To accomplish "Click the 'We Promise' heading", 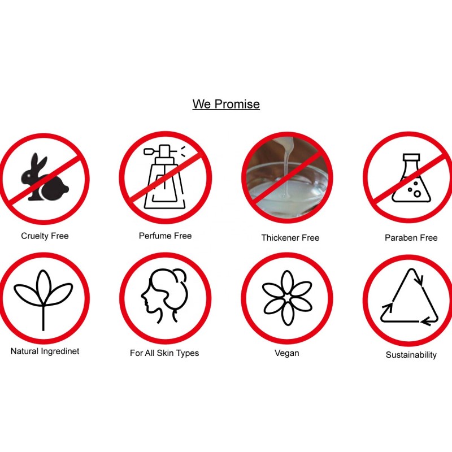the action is [226, 104].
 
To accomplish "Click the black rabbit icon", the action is [45, 177].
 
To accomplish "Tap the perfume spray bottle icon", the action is [164, 177].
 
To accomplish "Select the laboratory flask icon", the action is [411, 177].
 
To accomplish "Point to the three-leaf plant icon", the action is [44, 300].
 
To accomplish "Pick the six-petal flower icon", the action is [287, 298].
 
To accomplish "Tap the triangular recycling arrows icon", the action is [410, 297].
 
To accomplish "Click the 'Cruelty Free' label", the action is [45, 236].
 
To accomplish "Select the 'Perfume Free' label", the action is [165, 236].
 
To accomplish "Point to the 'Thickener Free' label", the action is [290, 237].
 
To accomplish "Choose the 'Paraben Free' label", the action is [411, 237].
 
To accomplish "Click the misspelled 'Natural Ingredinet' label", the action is [45, 351].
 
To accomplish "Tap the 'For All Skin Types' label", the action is [164, 353].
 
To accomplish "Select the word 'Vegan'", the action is [287, 353].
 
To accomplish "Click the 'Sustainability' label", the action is [411, 355].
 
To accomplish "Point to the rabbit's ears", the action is [38, 162].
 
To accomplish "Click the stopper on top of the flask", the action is [411, 157].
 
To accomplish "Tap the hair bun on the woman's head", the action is [180, 275].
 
